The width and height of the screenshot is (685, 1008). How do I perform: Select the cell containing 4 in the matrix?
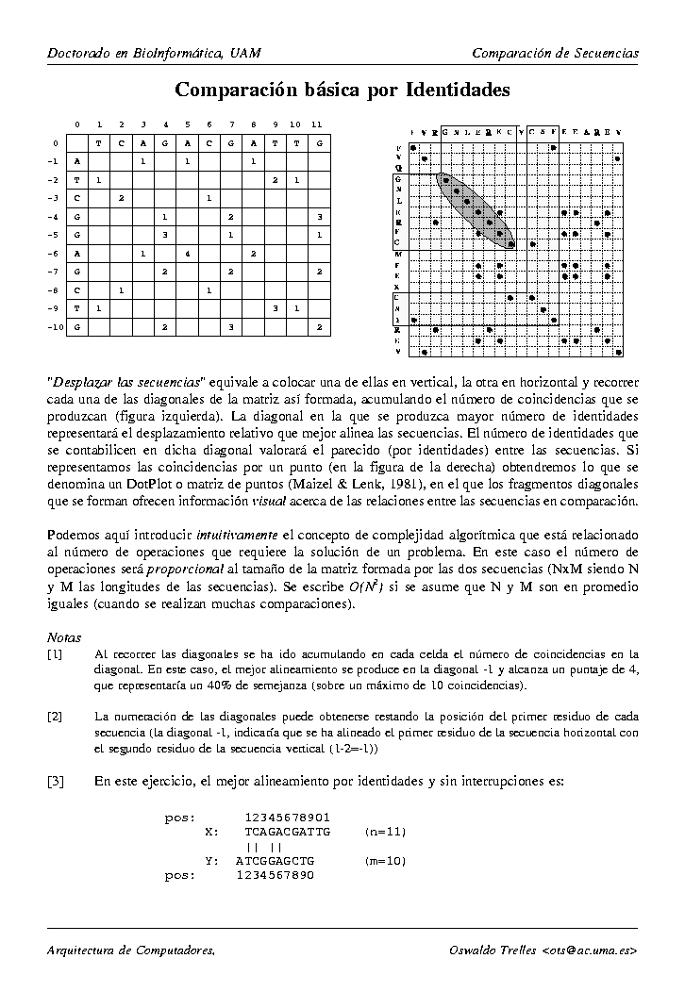pos(188,253)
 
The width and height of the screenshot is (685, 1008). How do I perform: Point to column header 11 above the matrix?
pos(317,124)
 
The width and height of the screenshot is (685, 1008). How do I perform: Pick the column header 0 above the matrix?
pos(76,124)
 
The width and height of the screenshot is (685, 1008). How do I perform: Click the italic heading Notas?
pos(64,636)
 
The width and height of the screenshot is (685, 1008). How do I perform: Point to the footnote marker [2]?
pos(56,716)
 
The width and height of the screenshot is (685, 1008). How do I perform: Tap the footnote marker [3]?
pos(56,781)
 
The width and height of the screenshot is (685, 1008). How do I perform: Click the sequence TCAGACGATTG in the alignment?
pos(287,832)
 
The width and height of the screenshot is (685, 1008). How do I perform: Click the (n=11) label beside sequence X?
pos(384,832)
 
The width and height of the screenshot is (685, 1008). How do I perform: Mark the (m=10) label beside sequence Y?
pos(384,861)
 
